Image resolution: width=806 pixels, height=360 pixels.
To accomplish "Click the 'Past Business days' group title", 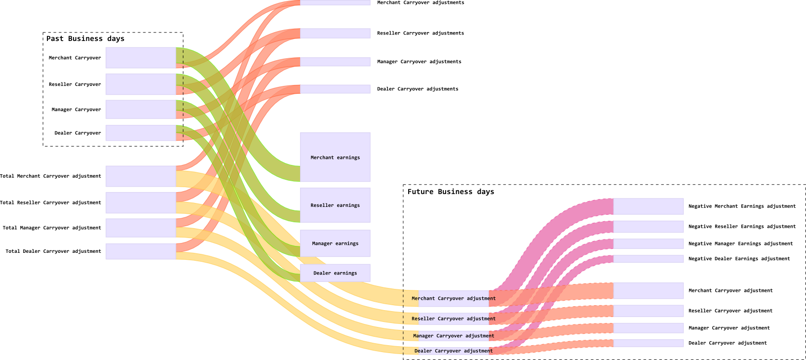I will pyautogui.click(x=85, y=39).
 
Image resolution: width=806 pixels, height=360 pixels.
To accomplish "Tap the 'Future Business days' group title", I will pyautogui.click(x=451, y=192).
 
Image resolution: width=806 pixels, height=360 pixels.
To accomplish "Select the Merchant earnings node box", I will pyautogui.click(x=335, y=157).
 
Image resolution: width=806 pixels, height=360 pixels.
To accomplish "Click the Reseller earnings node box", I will pyautogui.click(x=335, y=205).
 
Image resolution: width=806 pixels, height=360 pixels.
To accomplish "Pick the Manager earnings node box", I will pyautogui.click(x=335, y=243).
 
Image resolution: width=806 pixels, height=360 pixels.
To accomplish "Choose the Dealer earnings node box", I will pyautogui.click(x=335, y=273).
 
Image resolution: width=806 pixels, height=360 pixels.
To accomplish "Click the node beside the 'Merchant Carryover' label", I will pyautogui.click(x=141, y=58).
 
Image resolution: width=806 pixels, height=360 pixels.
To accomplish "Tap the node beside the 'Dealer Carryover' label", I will pyautogui.click(x=141, y=133).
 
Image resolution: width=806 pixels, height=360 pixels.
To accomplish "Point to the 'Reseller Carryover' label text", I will pyautogui.click(x=75, y=84).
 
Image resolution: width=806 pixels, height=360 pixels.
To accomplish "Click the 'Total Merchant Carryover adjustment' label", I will pyautogui.click(x=50, y=176).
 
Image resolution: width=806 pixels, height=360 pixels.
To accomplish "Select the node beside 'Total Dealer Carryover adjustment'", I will pyautogui.click(x=141, y=251).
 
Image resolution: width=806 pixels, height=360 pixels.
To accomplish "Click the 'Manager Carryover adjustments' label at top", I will pyautogui.click(x=419, y=62).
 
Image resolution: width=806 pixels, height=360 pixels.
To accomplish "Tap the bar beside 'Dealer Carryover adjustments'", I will pyautogui.click(x=335, y=89).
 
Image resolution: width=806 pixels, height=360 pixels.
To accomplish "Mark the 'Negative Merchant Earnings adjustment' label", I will pyautogui.click(x=742, y=206).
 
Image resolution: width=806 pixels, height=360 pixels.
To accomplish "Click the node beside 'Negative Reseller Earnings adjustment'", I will pyautogui.click(x=648, y=227).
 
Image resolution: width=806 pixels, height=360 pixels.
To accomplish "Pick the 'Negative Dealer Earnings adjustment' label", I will pyautogui.click(x=739, y=259).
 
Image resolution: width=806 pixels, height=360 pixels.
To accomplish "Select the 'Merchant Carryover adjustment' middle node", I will pyautogui.click(x=454, y=298).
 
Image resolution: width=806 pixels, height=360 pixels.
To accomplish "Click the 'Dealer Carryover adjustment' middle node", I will pyautogui.click(x=454, y=351).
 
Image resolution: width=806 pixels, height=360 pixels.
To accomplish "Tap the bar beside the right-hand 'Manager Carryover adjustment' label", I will pyautogui.click(x=648, y=328).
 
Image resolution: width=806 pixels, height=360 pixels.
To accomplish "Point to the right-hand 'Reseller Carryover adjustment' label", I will pyautogui.click(x=730, y=311).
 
